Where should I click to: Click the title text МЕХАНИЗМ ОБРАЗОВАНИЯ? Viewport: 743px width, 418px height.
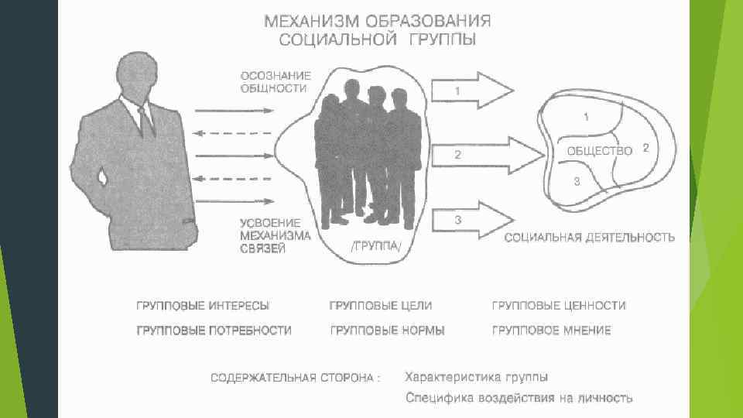[x=378, y=20]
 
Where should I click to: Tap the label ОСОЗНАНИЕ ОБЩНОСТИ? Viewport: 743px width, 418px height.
[x=276, y=82]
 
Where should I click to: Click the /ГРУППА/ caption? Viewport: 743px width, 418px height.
[x=376, y=248]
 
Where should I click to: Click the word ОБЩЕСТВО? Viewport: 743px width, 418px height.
[x=600, y=150]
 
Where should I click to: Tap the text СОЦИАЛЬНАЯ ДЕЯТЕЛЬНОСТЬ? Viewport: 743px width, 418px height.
[x=590, y=238]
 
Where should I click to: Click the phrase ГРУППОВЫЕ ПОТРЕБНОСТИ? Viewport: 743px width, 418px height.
[x=214, y=331]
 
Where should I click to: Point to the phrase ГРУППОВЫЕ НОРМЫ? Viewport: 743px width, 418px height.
[x=388, y=331]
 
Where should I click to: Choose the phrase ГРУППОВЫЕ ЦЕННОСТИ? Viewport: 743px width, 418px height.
[x=559, y=306]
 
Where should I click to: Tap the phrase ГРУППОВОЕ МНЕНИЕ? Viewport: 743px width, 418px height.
[x=551, y=331]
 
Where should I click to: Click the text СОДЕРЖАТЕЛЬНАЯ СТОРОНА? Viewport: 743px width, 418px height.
[x=296, y=378]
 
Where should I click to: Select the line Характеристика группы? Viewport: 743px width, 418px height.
[x=477, y=377]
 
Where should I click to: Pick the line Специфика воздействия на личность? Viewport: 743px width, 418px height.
[x=519, y=399]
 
